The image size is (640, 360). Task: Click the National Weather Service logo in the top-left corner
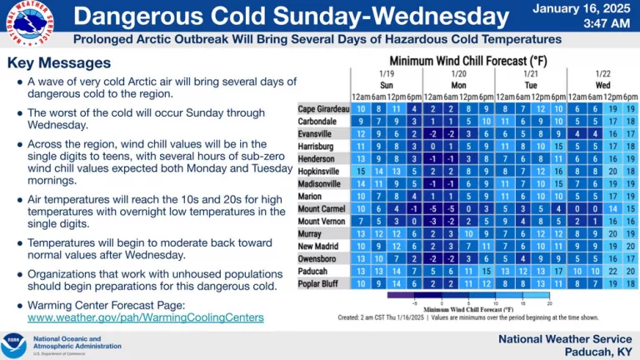tap(30, 25)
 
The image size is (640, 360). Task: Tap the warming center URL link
tap(146, 317)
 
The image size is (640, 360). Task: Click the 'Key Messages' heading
tap(58, 63)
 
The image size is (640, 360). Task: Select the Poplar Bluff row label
tap(324, 283)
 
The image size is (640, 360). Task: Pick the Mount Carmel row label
tap(322, 208)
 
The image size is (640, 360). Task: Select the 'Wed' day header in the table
tap(602, 86)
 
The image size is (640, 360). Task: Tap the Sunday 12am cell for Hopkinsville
tap(360, 171)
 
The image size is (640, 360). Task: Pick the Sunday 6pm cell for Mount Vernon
tap(414, 221)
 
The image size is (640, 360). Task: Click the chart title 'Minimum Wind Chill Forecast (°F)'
tap(472, 62)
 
